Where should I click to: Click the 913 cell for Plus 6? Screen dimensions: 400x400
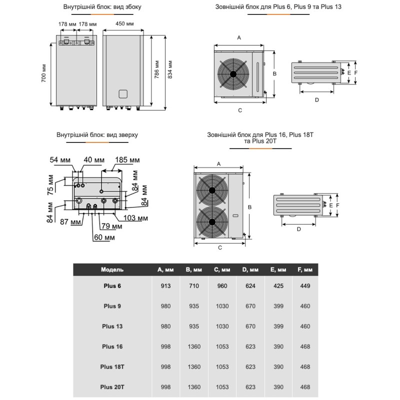(x=165, y=286)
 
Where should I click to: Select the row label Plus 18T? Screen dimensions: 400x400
(x=112, y=366)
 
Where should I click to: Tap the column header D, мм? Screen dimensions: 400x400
(x=250, y=269)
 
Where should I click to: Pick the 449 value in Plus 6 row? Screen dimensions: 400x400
(x=306, y=286)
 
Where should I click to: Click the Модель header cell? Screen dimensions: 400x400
(x=112, y=269)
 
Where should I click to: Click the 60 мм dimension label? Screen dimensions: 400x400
(x=103, y=237)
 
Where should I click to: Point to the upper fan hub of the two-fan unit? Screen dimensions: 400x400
(x=212, y=190)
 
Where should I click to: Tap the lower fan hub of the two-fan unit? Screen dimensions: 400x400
(x=212, y=222)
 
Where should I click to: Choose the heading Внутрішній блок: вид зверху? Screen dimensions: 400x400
(x=97, y=135)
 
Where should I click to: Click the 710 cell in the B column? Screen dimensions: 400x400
(x=193, y=286)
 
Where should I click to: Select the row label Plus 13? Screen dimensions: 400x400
(x=112, y=326)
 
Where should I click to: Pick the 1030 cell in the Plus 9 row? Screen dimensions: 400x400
(x=221, y=306)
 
